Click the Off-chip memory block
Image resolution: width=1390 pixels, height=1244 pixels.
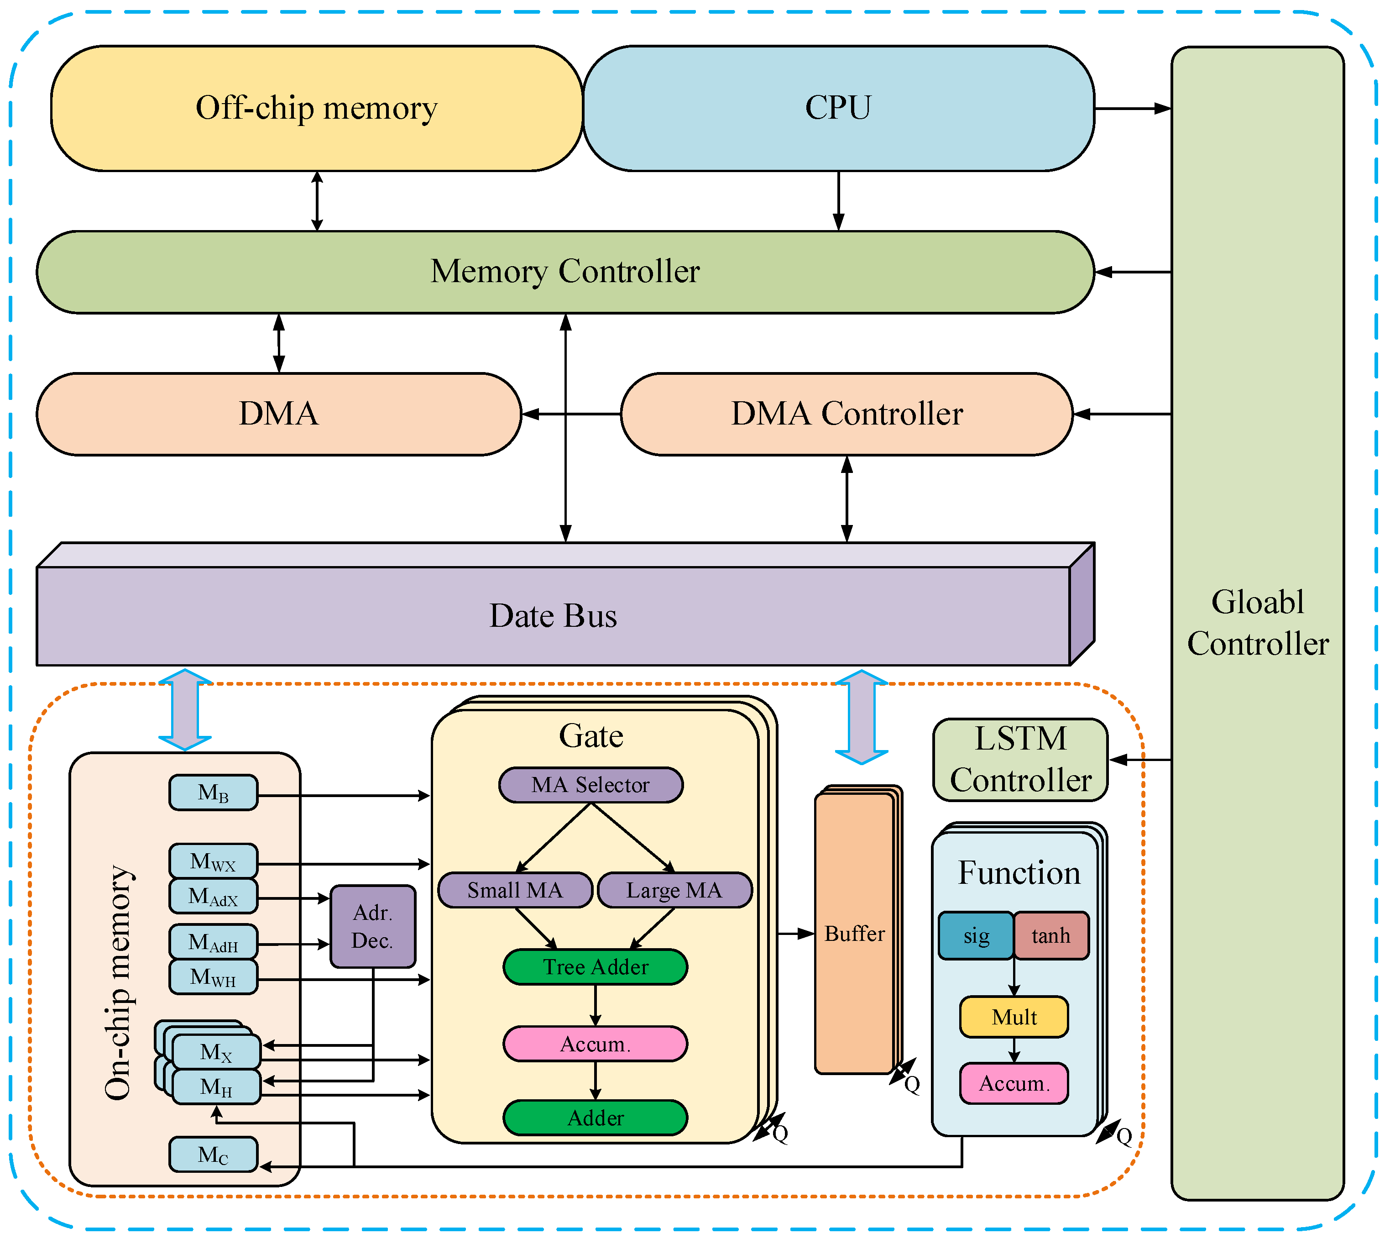[x=316, y=108]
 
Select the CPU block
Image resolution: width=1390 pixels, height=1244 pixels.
[x=838, y=108]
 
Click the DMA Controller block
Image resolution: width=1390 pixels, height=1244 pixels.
[x=846, y=414]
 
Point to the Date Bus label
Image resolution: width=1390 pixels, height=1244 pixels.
[x=553, y=616]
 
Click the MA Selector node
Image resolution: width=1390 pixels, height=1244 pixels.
[x=590, y=785]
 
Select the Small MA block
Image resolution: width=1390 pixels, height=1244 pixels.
[x=515, y=890]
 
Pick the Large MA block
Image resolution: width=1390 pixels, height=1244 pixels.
[x=674, y=890]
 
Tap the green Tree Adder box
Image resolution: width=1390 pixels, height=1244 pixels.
[x=595, y=966]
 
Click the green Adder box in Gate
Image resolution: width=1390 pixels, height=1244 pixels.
[x=595, y=1118]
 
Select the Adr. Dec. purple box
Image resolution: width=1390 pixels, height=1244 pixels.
[x=372, y=926]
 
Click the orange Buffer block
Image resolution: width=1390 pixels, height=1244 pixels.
[x=854, y=934]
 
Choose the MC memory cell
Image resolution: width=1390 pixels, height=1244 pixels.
[x=213, y=1155]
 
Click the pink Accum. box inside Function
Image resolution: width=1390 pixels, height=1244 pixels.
[x=1014, y=1083]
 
